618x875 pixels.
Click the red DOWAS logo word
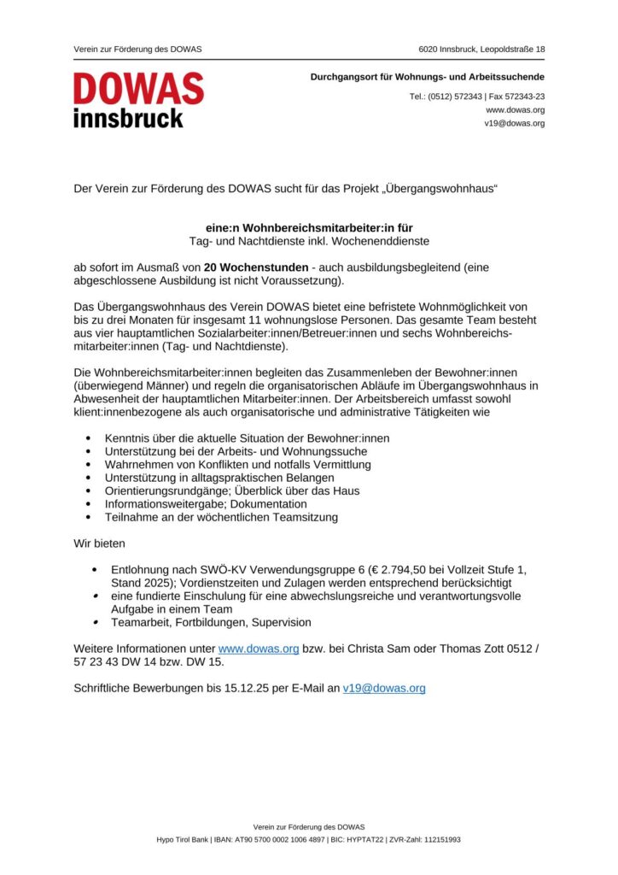[138, 88]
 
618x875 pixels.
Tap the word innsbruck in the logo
[128, 118]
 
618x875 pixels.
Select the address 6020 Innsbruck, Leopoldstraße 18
[481, 50]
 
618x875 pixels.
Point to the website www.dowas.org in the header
[515, 110]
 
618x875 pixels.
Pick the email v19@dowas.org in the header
[514, 123]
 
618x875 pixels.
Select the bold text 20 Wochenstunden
[256, 267]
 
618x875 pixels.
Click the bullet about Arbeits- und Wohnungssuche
[236, 451]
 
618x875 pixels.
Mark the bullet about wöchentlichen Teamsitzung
[221, 517]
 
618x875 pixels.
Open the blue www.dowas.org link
[259, 649]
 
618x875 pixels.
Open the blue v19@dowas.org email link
[383, 688]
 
